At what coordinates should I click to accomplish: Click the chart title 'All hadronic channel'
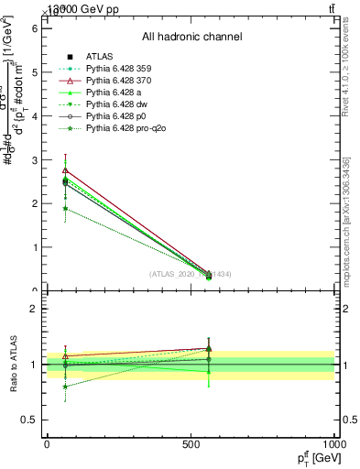[x=191, y=37]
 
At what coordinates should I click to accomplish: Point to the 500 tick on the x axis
[x=191, y=444]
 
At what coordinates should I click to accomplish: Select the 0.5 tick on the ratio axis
[x=29, y=420]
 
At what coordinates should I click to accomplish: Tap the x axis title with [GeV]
[x=314, y=457]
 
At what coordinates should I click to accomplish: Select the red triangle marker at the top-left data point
[x=65, y=170]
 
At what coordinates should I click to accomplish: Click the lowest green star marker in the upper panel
[x=65, y=209]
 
